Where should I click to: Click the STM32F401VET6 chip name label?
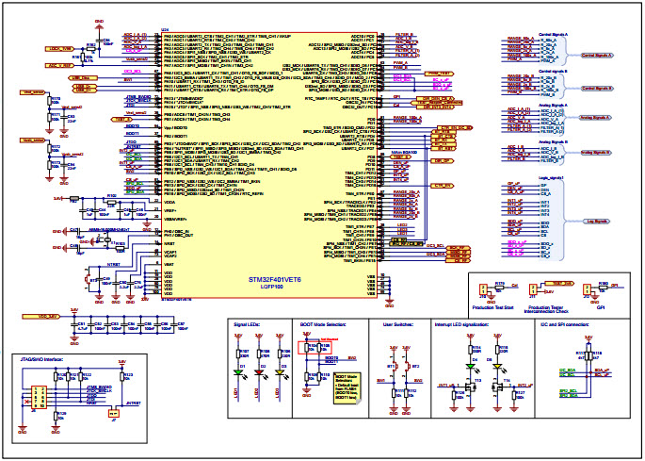(x=276, y=280)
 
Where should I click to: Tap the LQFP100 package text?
(x=276, y=288)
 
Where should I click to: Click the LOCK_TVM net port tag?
(x=59, y=48)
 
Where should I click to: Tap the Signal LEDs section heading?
(x=250, y=323)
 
